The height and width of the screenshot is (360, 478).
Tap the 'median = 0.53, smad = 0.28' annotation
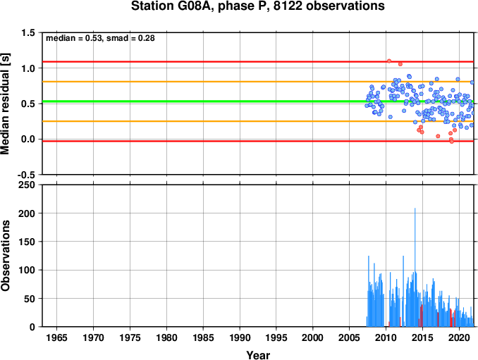click(100, 38)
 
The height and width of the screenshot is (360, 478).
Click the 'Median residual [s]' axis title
click(5, 104)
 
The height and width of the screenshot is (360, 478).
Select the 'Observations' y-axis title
click(5, 256)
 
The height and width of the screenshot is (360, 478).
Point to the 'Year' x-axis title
click(258, 355)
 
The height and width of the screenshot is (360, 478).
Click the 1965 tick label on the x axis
click(56, 337)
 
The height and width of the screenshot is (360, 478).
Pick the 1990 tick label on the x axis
click(240, 337)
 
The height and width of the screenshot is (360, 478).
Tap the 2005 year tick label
click(350, 337)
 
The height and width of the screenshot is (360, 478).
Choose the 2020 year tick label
click(459, 337)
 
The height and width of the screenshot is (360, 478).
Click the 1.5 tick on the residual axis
click(28, 32)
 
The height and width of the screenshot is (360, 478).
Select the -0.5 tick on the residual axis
click(27, 175)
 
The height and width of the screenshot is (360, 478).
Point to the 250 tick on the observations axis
click(27, 185)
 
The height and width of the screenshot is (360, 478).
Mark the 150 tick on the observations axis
click(27, 242)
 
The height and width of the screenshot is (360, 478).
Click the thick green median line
click(258, 101)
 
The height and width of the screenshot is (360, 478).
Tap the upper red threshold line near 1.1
click(258, 62)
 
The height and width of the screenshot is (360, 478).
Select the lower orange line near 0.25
click(258, 121)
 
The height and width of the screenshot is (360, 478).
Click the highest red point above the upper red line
click(389, 61)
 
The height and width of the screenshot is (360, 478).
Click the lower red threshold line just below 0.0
click(258, 142)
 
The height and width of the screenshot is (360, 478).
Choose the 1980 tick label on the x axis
click(166, 337)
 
